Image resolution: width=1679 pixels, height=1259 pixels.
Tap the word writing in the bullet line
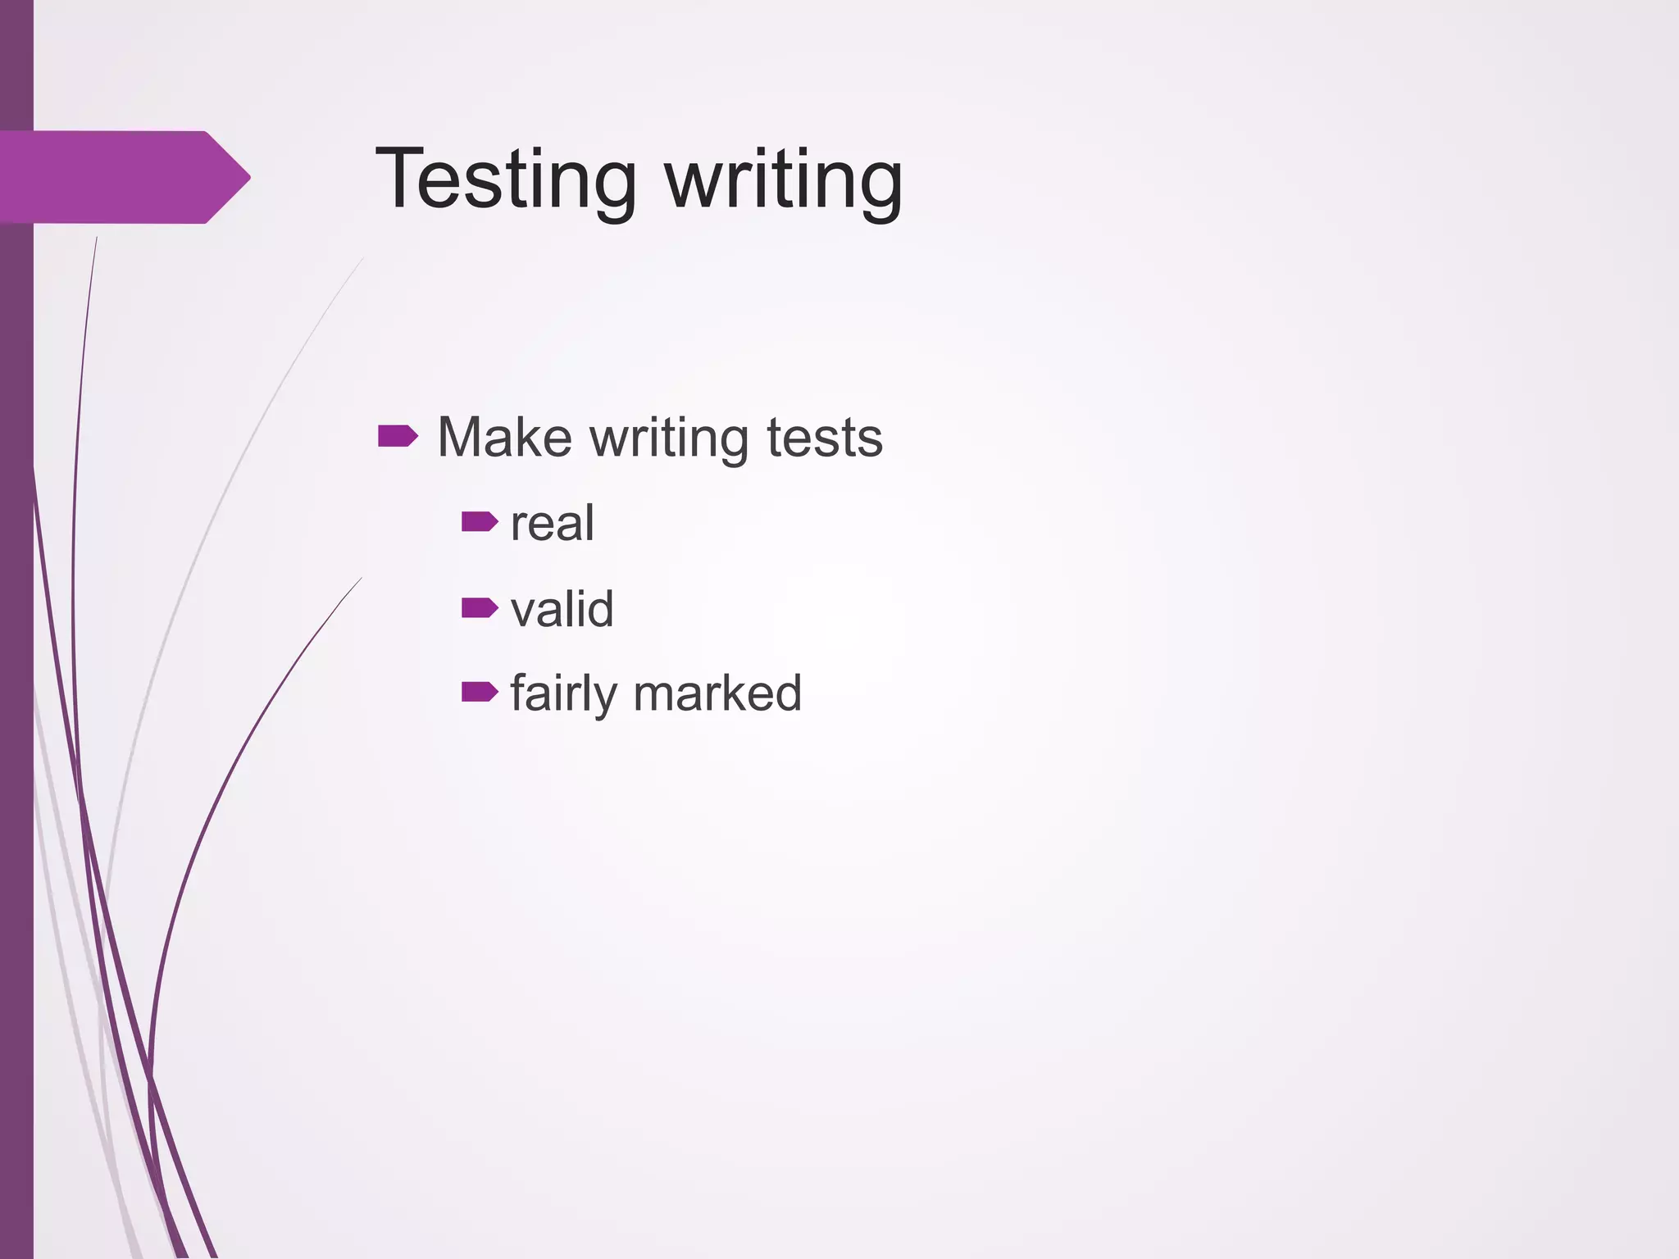click(669, 439)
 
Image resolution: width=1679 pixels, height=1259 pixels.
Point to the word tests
click(824, 439)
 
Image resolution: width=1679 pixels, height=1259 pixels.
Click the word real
click(552, 524)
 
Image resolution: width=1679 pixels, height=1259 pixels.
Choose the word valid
click(562, 609)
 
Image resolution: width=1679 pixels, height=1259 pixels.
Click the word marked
click(717, 693)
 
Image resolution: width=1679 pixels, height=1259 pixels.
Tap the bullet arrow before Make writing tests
click(398, 436)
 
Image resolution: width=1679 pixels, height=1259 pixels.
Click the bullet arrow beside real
click(480, 521)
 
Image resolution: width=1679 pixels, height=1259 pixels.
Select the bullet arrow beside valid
click(480, 607)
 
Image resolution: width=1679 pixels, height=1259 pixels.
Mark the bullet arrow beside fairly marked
click(480, 692)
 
